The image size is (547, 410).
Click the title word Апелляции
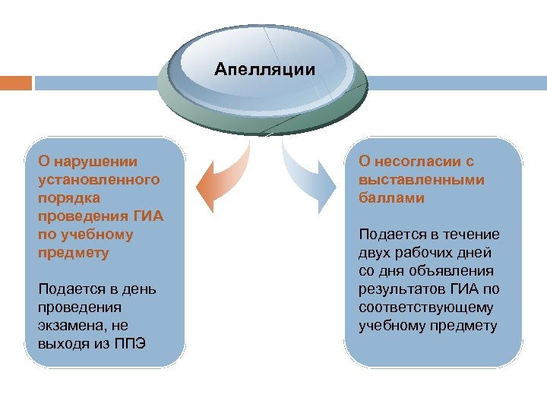[x=264, y=71]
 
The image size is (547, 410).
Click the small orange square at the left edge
[x=15, y=82]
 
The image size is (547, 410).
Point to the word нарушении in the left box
[x=96, y=161]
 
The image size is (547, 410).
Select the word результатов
[x=404, y=289]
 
